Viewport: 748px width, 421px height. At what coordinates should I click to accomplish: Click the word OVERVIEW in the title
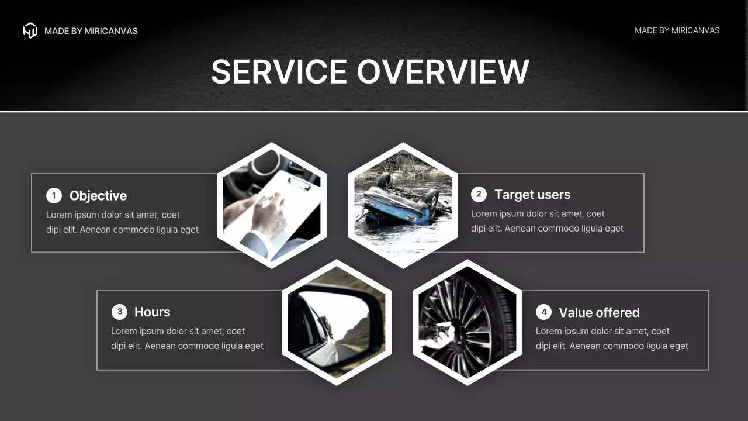pyautogui.click(x=443, y=72)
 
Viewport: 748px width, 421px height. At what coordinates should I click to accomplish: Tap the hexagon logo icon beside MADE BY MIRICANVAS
pyautogui.click(x=30, y=30)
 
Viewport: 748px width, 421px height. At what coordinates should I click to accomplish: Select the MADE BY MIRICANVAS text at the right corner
pyautogui.click(x=677, y=30)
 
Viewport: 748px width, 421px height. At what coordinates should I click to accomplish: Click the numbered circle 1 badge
pyautogui.click(x=54, y=196)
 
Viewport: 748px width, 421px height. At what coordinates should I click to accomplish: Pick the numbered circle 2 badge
pyautogui.click(x=479, y=194)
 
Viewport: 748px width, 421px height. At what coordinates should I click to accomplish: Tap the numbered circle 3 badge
pyautogui.click(x=119, y=312)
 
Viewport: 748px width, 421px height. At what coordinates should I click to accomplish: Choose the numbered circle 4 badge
pyautogui.click(x=543, y=312)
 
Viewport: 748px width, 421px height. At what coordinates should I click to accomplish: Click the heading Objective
pyautogui.click(x=98, y=196)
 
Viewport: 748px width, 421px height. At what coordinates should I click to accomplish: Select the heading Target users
pyautogui.click(x=532, y=195)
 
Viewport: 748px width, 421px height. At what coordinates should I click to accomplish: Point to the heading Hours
pyautogui.click(x=153, y=312)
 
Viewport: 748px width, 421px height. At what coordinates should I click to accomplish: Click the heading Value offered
pyautogui.click(x=599, y=313)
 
